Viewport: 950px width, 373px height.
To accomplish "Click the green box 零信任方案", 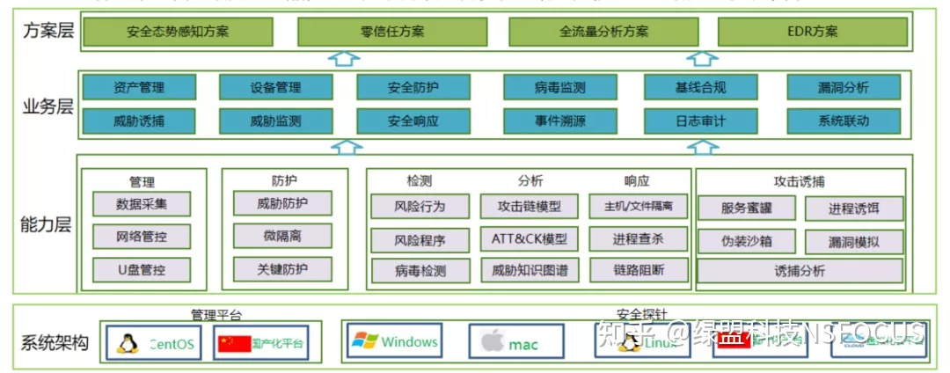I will point(392,32).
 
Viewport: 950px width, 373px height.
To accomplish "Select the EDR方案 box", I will point(813,32).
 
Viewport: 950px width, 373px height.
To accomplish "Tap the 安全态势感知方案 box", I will point(178,32).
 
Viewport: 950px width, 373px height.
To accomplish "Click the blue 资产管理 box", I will point(139,87).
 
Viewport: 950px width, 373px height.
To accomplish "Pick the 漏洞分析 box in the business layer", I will point(844,87).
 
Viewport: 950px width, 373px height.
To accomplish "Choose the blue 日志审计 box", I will point(700,121).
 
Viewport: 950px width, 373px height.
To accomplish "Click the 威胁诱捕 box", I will point(139,121).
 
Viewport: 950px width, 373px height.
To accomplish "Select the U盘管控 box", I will point(141,269).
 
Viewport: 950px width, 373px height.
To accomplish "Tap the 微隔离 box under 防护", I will point(282,236).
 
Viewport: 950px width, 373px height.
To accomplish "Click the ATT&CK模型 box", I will point(530,238).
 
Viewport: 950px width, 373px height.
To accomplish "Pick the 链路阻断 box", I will point(639,269).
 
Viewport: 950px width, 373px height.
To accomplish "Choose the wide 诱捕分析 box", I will point(800,270).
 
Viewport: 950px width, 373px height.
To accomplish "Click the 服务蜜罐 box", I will point(746,208).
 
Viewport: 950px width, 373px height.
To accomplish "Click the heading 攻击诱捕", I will point(800,181).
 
